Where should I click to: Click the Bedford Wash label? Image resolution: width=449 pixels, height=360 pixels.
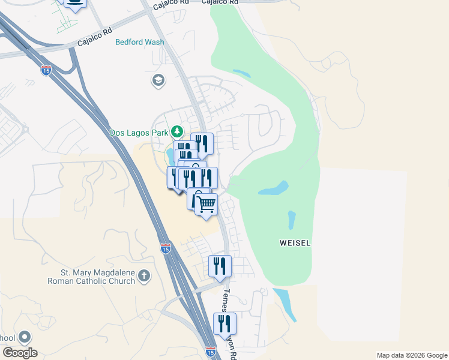(140, 43)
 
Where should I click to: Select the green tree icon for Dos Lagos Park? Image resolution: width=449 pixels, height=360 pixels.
(176, 131)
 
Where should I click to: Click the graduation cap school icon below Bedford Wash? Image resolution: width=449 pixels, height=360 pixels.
(158, 80)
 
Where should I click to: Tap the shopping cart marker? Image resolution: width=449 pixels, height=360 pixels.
(206, 205)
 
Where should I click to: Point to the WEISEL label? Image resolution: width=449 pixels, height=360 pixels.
(295, 243)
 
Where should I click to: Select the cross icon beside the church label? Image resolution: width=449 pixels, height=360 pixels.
(143, 276)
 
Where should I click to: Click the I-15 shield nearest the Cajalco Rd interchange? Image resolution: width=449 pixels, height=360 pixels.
(46, 70)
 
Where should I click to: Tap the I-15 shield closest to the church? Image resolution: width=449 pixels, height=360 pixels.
(166, 247)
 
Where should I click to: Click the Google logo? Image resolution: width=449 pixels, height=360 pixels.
(20, 353)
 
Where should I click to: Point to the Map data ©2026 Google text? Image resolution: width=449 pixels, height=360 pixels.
(411, 355)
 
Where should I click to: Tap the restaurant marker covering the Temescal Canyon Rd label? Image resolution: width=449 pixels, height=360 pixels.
(224, 324)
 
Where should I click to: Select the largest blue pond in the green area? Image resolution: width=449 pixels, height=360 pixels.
(273, 190)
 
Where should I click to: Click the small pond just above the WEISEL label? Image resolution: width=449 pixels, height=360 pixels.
(292, 220)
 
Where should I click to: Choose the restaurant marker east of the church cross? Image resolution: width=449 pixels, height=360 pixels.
(220, 266)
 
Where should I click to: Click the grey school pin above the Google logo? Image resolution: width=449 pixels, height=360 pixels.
(25, 338)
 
